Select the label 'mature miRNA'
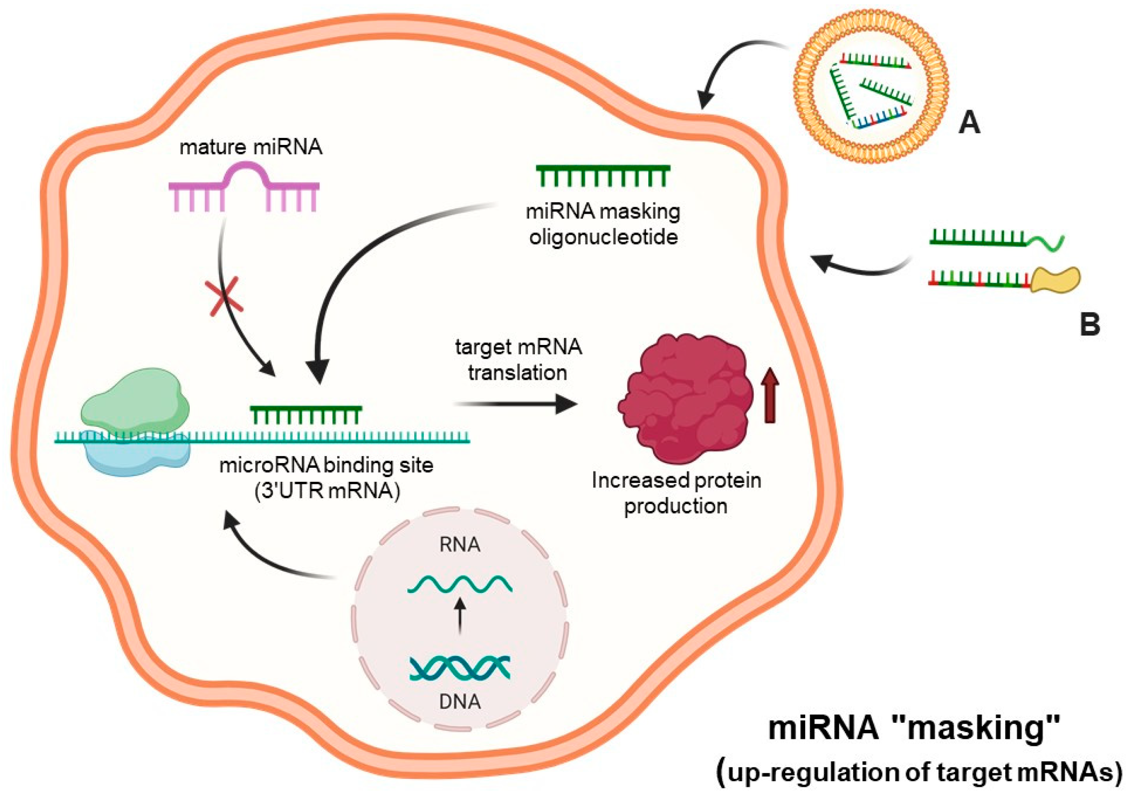click(251, 147)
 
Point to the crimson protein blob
click(686, 399)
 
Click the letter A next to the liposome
click(969, 123)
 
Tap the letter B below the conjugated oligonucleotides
click(1090, 325)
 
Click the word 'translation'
click(517, 373)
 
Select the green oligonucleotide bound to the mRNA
click(306, 414)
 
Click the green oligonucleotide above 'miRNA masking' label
click(603, 175)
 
